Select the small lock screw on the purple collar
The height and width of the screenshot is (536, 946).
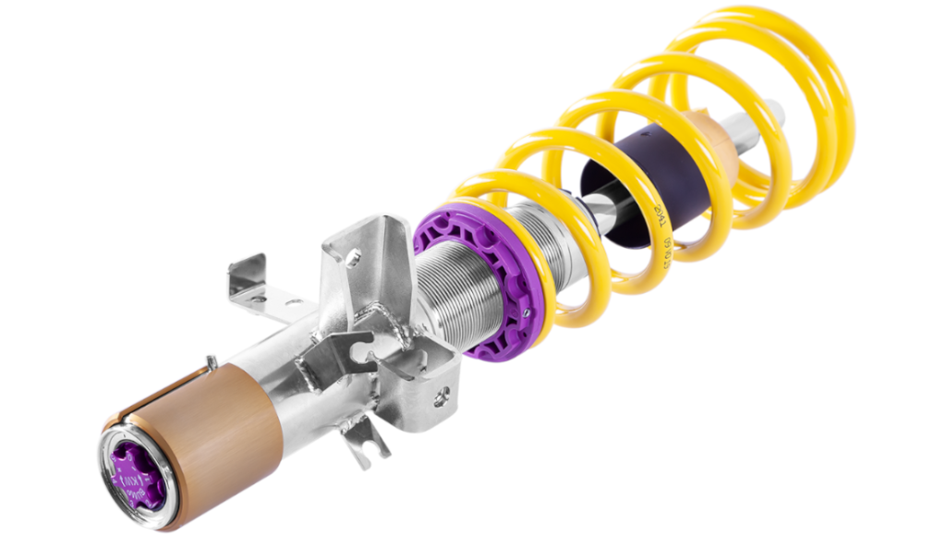point(522,315)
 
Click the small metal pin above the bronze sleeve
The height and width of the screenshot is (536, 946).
point(212,363)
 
